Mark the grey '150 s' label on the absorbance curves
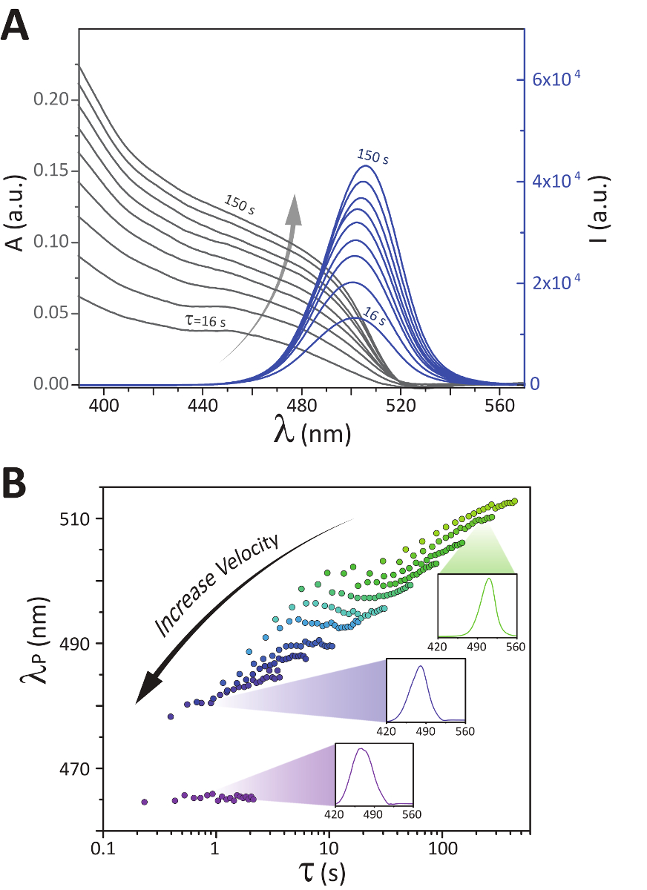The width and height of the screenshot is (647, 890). click(239, 205)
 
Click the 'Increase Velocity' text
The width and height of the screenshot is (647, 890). click(217, 583)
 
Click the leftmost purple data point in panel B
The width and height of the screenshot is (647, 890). click(145, 802)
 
